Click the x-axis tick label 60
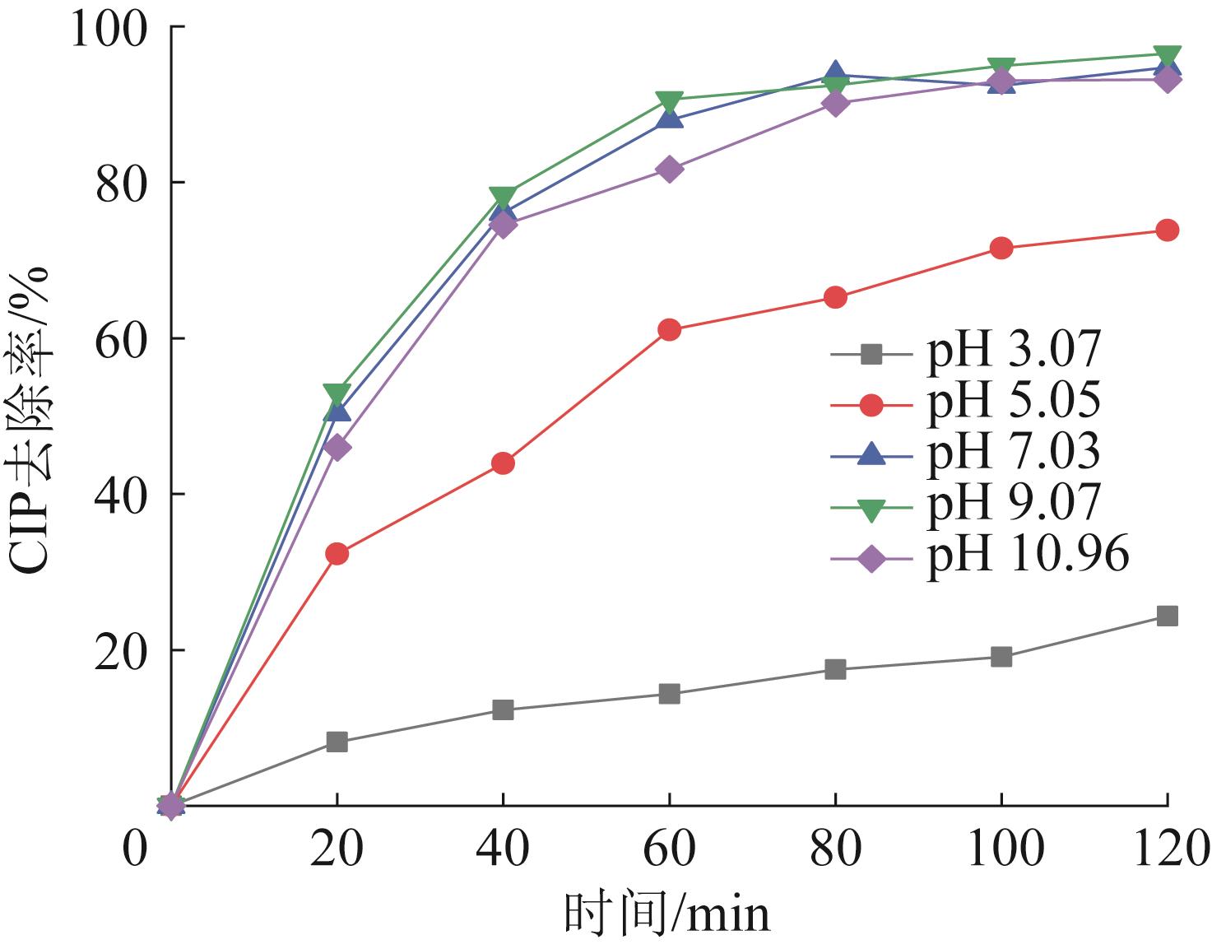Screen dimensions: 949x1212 tap(669, 849)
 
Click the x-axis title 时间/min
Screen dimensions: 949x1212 tap(667, 914)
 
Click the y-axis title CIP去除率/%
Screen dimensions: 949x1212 tap(31, 420)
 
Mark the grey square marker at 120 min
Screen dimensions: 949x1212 tap(1167, 616)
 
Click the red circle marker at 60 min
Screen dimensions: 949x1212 tap(669, 330)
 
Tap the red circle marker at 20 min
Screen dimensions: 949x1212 tap(337, 554)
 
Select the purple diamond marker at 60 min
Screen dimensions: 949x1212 tap(669, 170)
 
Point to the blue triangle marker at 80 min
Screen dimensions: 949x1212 tap(835, 73)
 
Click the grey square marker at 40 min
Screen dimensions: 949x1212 tap(503, 709)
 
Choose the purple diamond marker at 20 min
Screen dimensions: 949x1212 tap(337, 448)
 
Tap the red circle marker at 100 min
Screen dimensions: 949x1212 tap(1001, 248)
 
